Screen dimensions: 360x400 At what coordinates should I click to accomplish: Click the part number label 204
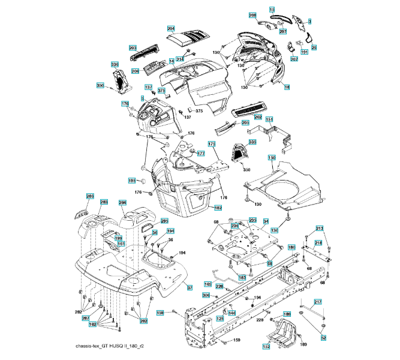click(171, 29)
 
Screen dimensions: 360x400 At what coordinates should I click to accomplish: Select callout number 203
click(133, 48)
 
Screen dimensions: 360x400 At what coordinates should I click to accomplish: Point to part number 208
click(252, 16)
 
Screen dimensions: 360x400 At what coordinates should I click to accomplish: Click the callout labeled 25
click(314, 47)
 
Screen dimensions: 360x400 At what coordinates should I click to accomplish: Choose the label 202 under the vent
click(258, 117)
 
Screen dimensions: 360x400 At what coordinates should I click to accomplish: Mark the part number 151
click(270, 120)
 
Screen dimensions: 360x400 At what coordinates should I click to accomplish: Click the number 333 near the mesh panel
click(252, 142)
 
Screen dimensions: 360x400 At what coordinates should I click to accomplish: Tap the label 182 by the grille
click(218, 208)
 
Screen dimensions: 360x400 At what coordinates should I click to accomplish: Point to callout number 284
click(122, 203)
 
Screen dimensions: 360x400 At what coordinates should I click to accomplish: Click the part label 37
click(189, 288)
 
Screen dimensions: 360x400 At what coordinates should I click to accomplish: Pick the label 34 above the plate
click(266, 221)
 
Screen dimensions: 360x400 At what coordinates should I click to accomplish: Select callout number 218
click(318, 242)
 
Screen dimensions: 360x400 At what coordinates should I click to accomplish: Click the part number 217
click(318, 301)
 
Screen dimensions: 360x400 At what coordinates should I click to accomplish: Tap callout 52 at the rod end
click(323, 338)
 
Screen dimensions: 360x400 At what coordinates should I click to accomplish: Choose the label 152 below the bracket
click(266, 346)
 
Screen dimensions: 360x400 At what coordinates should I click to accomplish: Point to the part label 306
click(206, 295)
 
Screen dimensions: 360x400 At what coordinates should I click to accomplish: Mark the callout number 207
click(294, 59)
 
